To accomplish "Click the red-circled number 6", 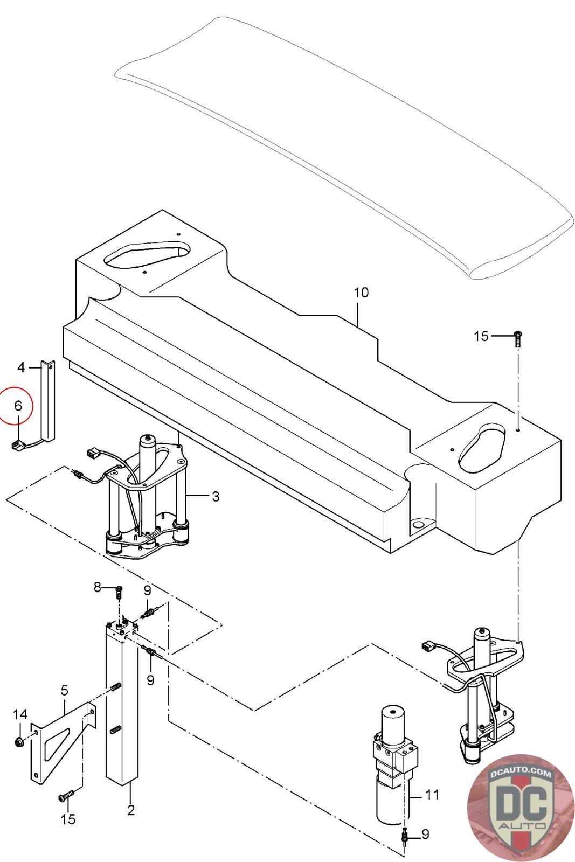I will (x=18, y=406).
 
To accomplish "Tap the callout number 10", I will (x=361, y=293).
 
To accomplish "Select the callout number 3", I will (x=216, y=496).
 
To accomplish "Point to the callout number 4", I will (x=21, y=367).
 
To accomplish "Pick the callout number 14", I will (x=20, y=714).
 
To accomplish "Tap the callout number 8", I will (x=98, y=587).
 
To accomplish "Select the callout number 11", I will (x=432, y=795).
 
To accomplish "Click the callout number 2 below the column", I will (x=131, y=810).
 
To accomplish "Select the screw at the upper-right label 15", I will (x=518, y=338).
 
